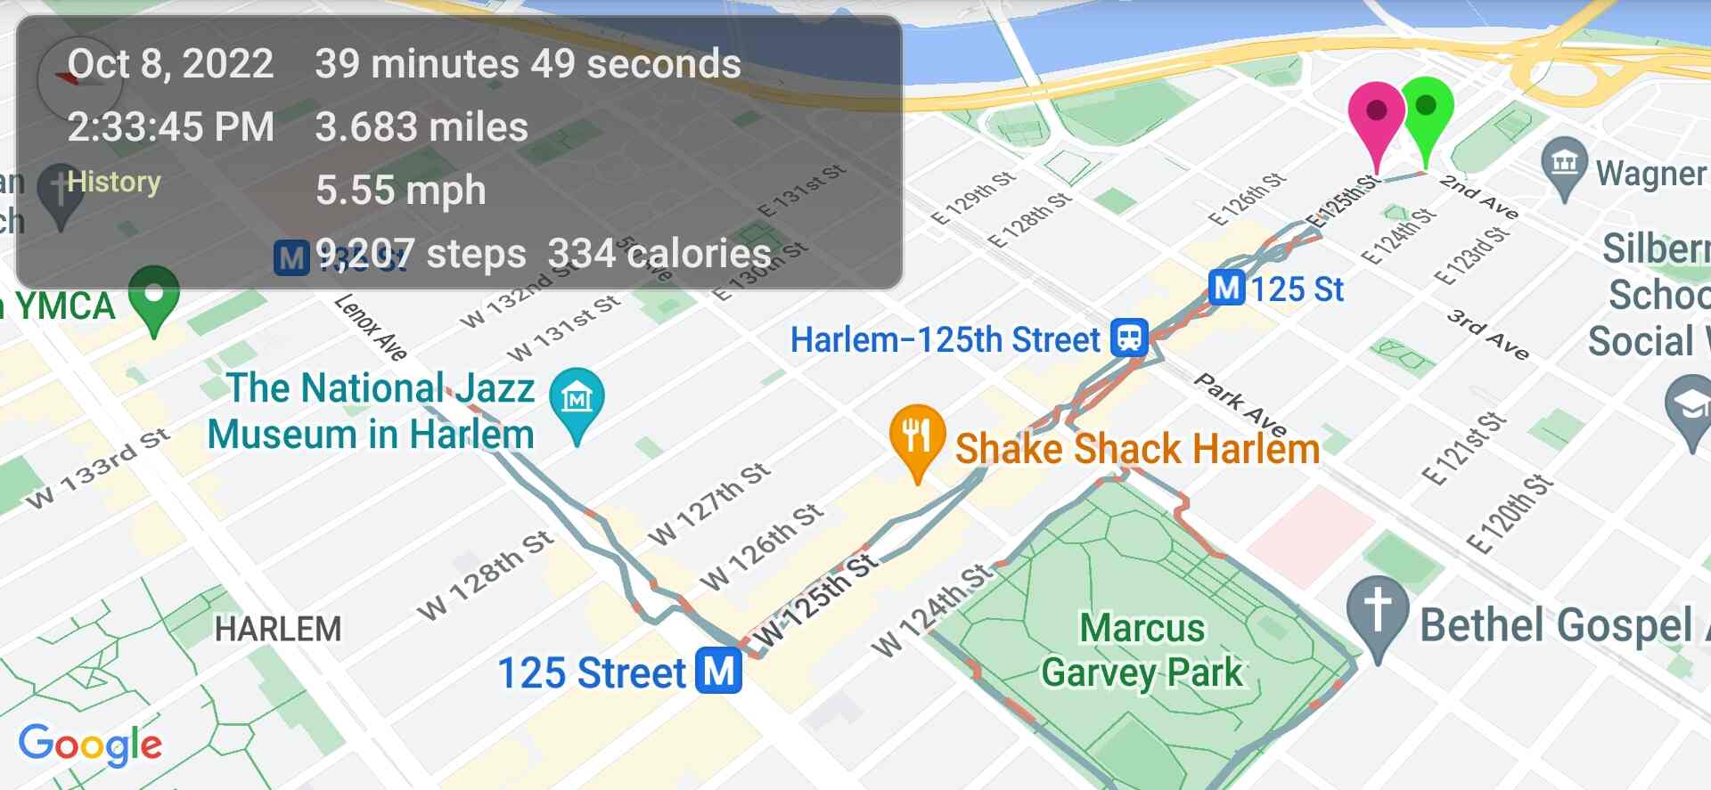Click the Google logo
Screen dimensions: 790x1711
pos(90,745)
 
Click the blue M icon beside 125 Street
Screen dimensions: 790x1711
pos(720,671)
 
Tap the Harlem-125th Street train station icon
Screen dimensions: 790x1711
pos(1129,338)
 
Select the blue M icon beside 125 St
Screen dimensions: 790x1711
pos(1226,289)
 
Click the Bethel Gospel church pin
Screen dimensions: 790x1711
pos(1377,614)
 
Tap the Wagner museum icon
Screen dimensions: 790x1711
pos(1564,165)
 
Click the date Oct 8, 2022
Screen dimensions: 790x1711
pos(170,64)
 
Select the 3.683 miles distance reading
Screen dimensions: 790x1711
pos(422,126)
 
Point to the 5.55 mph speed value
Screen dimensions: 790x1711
pos(401,190)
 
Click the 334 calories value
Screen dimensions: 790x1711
pos(659,254)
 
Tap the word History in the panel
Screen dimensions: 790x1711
pos(114,182)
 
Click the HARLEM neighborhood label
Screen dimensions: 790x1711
pos(278,629)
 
